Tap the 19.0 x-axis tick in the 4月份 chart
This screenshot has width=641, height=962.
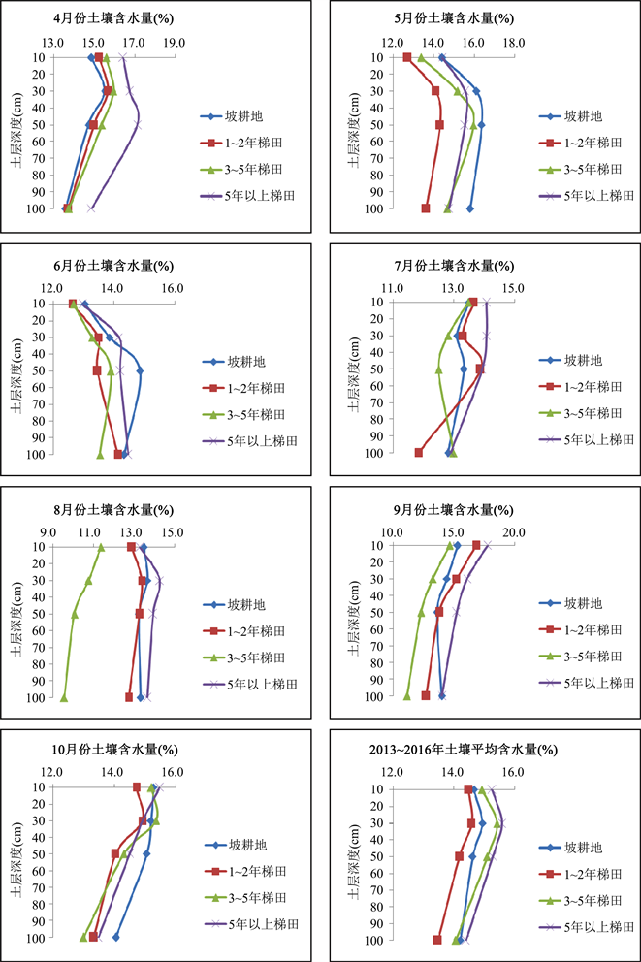coord(175,43)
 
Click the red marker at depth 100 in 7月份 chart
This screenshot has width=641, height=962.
coord(419,453)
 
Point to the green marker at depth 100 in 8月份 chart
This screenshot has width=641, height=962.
coord(64,697)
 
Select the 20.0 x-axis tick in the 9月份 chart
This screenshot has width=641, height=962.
coord(513,531)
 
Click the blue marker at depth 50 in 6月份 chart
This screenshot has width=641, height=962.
coord(140,370)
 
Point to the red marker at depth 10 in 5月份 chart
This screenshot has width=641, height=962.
coord(407,58)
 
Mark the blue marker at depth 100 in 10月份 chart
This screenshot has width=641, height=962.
coord(116,937)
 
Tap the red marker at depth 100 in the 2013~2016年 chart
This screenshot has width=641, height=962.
coord(438,940)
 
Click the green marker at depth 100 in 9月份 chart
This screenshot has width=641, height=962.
coord(407,695)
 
